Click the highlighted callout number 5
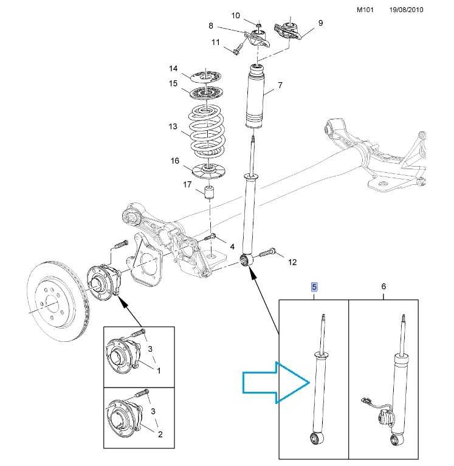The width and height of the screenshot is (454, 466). [x=314, y=287]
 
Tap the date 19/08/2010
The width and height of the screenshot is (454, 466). [x=406, y=10]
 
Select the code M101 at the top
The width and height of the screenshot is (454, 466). [x=365, y=10]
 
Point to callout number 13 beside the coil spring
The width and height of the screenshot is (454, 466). [x=173, y=127]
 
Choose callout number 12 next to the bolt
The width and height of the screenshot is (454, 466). [x=292, y=262]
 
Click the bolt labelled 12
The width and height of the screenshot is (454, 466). [x=267, y=252]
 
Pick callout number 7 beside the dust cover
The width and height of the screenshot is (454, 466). [x=280, y=85]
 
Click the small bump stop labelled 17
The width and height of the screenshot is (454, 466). [x=210, y=192]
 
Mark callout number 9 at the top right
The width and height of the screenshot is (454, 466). [x=320, y=23]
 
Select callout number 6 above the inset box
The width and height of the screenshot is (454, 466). [x=383, y=286]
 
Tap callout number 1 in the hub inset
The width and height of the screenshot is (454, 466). [x=159, y=370]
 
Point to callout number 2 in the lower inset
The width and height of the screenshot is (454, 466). [x=160, y=434]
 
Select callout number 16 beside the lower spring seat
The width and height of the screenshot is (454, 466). [x=175, y=161]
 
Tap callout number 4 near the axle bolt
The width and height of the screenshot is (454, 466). [x=232, y=246]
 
